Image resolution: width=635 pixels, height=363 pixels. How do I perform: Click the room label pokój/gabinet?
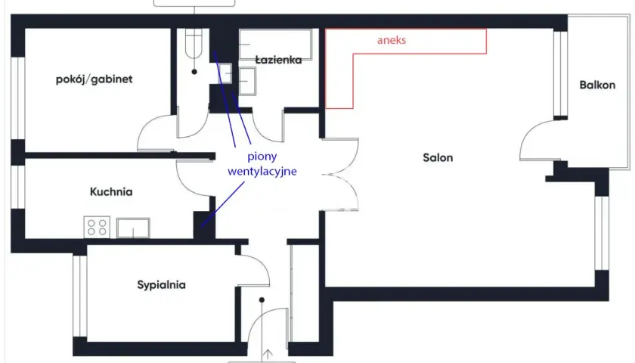94,79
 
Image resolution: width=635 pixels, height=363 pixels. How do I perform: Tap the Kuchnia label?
111,191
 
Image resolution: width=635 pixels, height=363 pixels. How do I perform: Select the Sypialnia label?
161,285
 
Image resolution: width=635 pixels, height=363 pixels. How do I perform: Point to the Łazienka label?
279,60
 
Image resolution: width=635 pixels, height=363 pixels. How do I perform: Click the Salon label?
438,157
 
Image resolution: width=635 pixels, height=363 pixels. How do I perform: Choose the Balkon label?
597,85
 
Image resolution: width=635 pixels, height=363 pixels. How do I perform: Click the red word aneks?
392,40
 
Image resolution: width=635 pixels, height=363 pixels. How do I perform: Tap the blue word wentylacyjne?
262,172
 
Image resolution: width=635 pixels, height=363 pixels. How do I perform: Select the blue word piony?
262,157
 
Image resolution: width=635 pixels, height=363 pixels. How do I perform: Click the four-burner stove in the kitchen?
97,228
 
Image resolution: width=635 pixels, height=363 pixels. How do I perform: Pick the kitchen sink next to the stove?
133,228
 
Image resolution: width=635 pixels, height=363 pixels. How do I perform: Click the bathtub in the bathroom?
275,45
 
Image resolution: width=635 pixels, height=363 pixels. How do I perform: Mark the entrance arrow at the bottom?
268,355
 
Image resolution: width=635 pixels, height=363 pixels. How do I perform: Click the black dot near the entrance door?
262,300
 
